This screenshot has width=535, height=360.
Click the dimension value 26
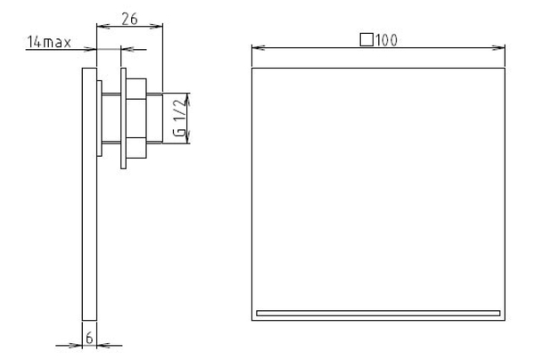click(129, 19)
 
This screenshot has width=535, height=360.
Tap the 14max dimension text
click(49, 42)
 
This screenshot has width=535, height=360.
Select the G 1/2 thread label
click(180, 118)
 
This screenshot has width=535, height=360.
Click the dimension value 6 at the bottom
click(89, 338)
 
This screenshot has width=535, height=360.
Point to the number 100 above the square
click(387, 40)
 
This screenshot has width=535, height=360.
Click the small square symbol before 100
click(366, 39)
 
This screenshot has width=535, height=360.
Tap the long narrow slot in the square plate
click(378, 314)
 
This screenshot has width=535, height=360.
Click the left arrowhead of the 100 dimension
click(259, 48)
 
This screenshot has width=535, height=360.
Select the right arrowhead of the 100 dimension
click(498, 48)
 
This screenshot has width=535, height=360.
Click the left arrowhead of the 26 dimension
click(103, 26)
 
